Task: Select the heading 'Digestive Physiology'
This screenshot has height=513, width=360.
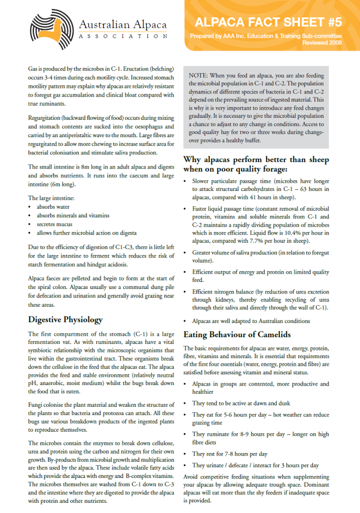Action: click(x=66, y=319)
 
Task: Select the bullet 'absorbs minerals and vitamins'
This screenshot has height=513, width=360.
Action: click(x=73, y=215)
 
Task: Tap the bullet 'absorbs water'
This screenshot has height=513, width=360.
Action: click(x=53, y=207)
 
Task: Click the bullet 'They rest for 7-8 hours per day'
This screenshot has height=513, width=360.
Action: click(x=230, y=454)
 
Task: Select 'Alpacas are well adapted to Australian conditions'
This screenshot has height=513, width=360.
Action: click(x=251, y=321)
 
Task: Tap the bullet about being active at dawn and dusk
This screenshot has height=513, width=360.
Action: click(x=241, y=403)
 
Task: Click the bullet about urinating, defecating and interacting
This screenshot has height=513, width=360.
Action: click(x=255, y=465)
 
